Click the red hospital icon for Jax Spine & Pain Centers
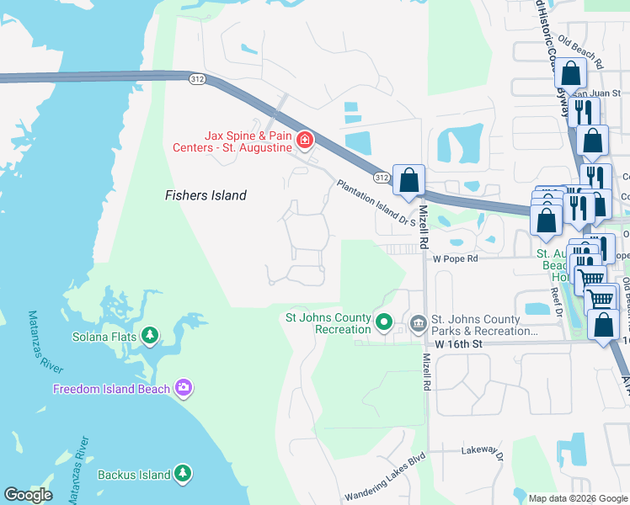[305, 140]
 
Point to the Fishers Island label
[206, 195]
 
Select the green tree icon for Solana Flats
[150, 336]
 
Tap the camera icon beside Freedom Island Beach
[183, 388]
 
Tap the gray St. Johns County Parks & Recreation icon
[418, 322]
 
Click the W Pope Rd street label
[456, 258]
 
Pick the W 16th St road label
[458, 345]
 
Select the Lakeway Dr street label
[482, 452]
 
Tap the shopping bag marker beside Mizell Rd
[408, 179]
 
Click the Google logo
[28, 495]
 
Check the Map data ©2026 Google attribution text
[578, 498]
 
